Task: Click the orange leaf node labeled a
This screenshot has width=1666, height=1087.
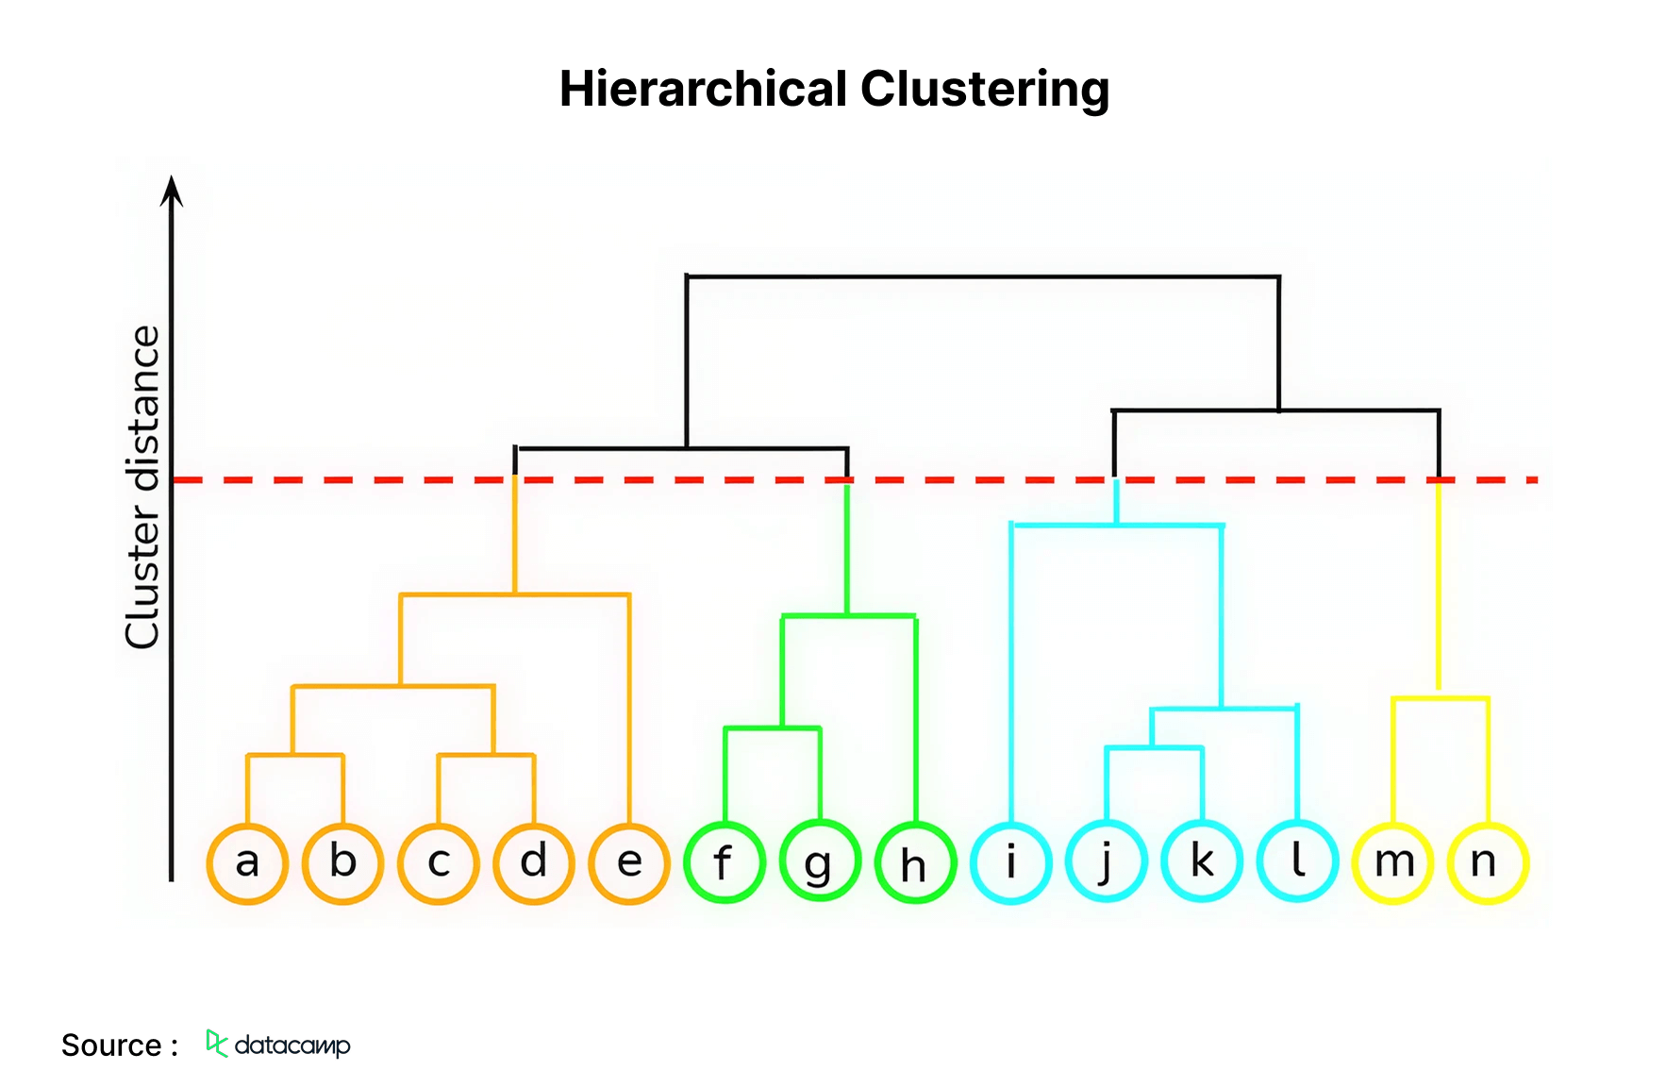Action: [247, 863]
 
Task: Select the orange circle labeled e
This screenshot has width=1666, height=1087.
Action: [629, 863]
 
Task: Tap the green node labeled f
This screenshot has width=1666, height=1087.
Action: [725, 863]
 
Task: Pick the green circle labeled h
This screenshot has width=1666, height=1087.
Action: [915, 863]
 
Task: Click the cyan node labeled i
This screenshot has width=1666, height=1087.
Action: [1011, 863]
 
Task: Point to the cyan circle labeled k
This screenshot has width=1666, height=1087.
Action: [1202, 863]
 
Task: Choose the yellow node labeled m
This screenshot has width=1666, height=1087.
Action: [1393, 863]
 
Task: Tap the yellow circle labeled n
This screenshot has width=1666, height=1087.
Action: [1488, 863]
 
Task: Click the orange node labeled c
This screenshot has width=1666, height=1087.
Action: [439, 863]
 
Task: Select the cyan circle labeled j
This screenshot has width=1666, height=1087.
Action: [1107, 863]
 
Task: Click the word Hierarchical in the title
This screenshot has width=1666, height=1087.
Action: [703, 90]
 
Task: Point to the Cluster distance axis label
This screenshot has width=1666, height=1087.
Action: [143, 487]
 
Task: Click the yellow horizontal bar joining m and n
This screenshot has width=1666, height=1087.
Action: [1441, 698]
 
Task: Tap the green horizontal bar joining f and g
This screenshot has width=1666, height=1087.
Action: [773, 727]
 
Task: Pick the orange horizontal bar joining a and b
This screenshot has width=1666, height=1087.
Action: [294, 755]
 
